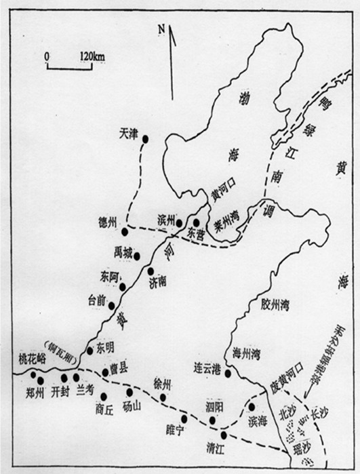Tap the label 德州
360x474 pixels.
[108, 222]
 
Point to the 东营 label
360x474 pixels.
[196, 233]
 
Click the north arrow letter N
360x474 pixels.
[162, 29]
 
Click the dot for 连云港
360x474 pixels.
[228, 373]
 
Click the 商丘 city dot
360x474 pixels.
[103, 397]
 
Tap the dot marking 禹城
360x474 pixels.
[137, 256]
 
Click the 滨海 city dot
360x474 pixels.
[252, 406]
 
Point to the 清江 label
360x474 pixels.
[216, 448]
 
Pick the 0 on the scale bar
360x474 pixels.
[46, 55]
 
